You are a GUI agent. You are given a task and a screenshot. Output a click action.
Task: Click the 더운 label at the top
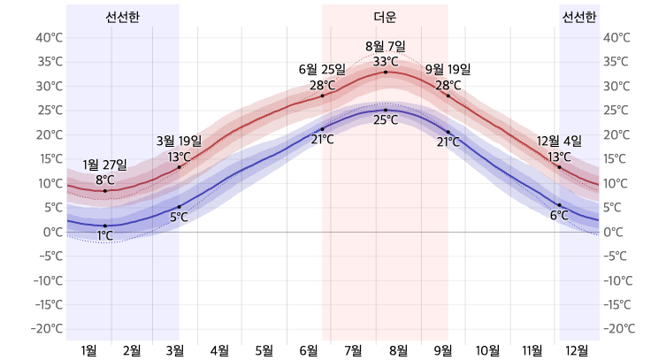385,17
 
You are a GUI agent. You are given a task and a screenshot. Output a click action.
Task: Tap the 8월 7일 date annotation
385,46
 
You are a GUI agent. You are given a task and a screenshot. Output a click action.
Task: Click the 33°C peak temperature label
385,61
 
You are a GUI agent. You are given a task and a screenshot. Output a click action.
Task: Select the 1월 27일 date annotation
104,165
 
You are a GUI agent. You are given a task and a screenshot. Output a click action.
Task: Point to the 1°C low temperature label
104,236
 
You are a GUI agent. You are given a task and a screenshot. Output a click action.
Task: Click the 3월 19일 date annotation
179,141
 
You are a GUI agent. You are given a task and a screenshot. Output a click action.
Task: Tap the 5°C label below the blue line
179,217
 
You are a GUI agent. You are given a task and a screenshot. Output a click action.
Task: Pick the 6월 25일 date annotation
322,70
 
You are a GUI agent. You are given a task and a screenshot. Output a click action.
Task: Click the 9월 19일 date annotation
448,70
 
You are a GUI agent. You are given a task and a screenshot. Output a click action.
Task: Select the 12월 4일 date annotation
559,142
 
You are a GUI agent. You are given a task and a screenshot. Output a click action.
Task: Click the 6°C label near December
559,216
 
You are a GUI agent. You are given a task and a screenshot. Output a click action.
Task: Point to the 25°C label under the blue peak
385,120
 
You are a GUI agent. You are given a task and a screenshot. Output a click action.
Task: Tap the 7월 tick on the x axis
352,350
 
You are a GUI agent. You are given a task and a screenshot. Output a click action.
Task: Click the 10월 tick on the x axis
487,350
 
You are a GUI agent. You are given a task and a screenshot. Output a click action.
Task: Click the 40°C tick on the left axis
49,38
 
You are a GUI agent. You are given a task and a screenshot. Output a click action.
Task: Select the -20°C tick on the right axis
617,329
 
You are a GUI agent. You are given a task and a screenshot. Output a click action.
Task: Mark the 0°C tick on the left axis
52,232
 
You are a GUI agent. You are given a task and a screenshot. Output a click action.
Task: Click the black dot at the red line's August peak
386,72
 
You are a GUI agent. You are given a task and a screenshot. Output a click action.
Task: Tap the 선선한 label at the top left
122,17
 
